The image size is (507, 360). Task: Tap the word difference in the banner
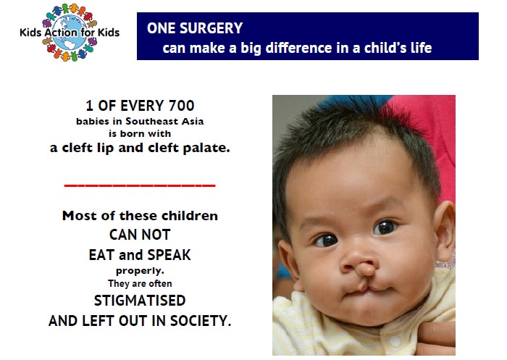pyautogui.click(x=298, y=49)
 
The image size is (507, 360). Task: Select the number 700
pyautogui.click(x=181, y=106)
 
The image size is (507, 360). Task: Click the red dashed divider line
pyautogui.click(x=140, y=185)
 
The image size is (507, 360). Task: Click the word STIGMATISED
pyautogui.click(x=140, y=301)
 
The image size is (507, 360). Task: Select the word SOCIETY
pyautogui.click(x=201, y=321)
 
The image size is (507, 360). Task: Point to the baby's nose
pyautogui.click(x=359, y=264)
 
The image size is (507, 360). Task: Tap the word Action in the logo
pyautogui.click(x=61, y=33)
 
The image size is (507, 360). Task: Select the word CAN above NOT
pyautogui.click(x=123, y=235)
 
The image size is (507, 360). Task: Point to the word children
pyautogui.click(x=190, y=216)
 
